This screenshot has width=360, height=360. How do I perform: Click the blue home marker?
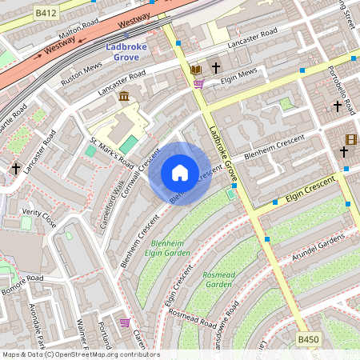coord(180,173)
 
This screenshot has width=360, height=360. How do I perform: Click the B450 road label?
coord(308,340)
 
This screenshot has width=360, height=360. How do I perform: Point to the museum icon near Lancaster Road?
coord(125,96)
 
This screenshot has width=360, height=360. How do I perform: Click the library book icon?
coord(196,70)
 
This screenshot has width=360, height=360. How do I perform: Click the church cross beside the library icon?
coord(215,69)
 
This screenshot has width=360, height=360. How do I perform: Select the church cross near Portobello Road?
coord(337,105)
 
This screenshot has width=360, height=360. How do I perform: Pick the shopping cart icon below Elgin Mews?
coord(198,82)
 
